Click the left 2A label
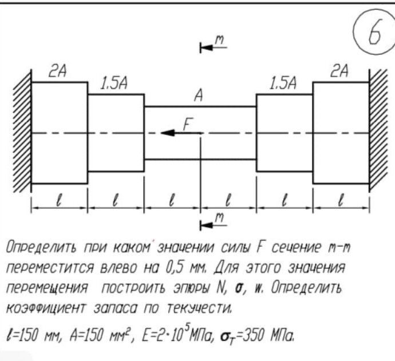click(57, 72)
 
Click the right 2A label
click(340, 72)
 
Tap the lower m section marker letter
click(220, 216)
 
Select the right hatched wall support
click(378, 133)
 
